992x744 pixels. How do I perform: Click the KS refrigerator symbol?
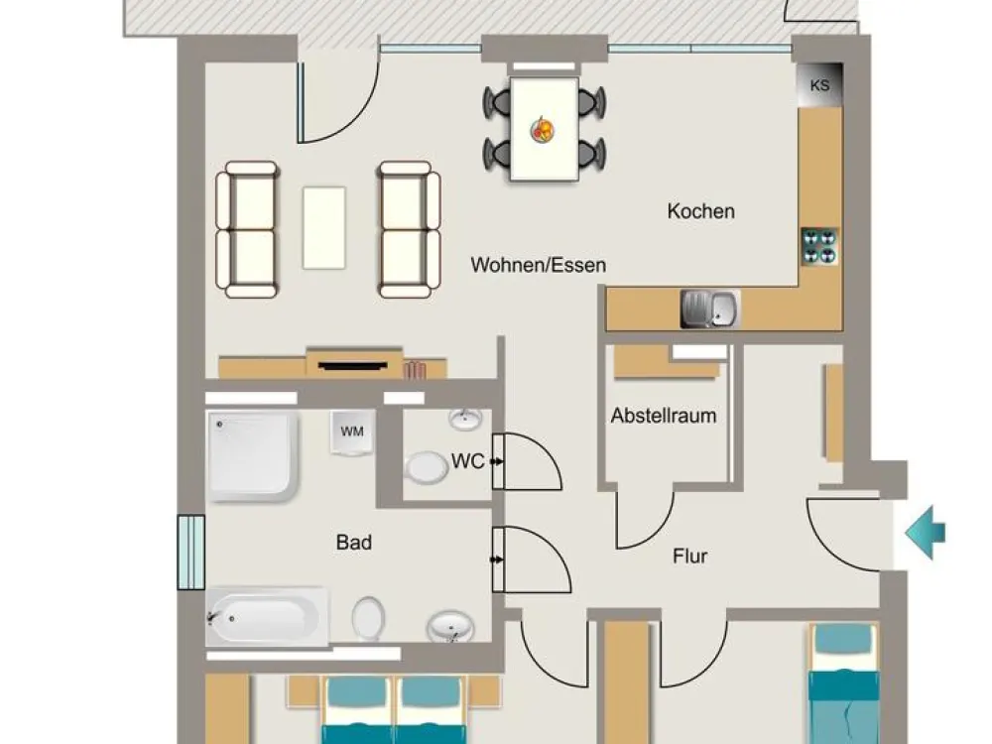tap(819, 84)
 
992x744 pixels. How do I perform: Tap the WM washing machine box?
tap(352, 433)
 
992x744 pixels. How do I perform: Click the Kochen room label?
tap(701, 210)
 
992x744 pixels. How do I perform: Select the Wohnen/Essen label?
tap(539, 265)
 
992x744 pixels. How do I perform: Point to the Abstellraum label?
tap(664, 416)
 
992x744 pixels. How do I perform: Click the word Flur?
tap(690, 557)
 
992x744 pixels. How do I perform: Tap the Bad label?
tap(354, 543)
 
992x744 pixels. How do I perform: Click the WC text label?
tap(467, 461)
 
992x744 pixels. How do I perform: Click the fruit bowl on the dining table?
tap(543, 130)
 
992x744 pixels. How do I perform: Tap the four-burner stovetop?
tap(820, 246)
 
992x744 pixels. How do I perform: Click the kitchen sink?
tap(710, 310)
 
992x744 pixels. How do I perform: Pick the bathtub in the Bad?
tap(267, 618)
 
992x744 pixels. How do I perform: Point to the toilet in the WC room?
tap(427, 468)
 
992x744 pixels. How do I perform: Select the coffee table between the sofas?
tap(324, 228)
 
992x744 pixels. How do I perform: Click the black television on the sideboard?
tap(352, 366)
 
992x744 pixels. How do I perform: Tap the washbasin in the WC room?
tap(465, 419)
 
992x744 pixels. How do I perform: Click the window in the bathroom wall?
tap(190, 553)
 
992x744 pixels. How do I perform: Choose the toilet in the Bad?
tap(368, 619)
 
